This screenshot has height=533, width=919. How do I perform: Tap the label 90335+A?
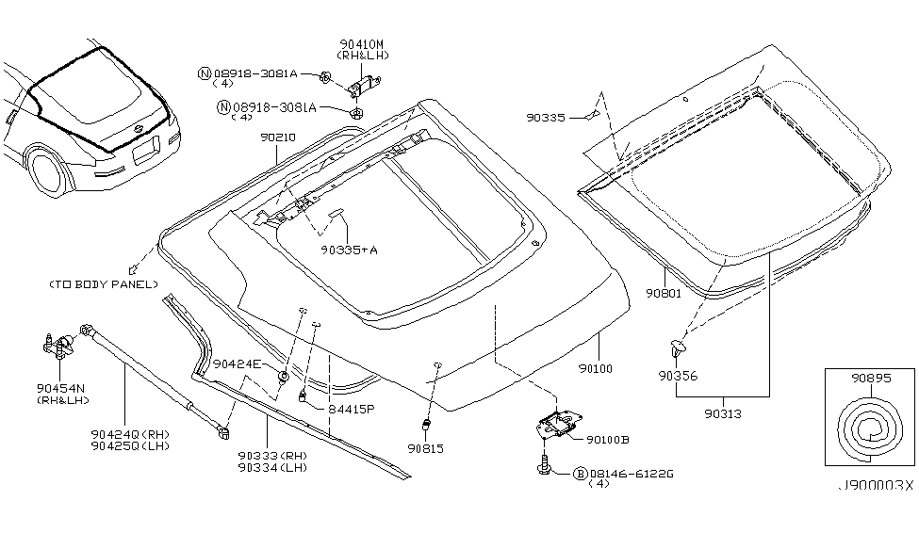coord(348,250)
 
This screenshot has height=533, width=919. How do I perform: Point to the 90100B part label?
coord(611,439)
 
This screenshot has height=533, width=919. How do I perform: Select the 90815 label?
coord(425,449)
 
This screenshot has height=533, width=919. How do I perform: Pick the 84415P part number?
coord(351,410)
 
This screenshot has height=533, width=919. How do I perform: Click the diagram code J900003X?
coord(877,485)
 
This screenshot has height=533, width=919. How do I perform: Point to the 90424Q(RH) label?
coord(128,434)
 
